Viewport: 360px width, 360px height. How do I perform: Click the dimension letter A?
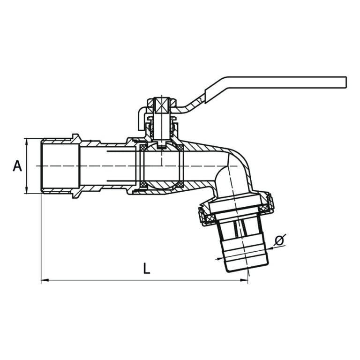pos(17,166)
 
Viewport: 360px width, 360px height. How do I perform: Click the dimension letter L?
pos(146,268)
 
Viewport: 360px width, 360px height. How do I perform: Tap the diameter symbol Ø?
pos(279,240)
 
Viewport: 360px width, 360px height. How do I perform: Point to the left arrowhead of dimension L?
pos(45,280)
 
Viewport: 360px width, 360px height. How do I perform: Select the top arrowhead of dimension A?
pos(27,141)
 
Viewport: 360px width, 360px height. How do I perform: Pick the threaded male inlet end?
pos(56,166)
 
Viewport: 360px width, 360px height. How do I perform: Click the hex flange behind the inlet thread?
pos(75,166)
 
